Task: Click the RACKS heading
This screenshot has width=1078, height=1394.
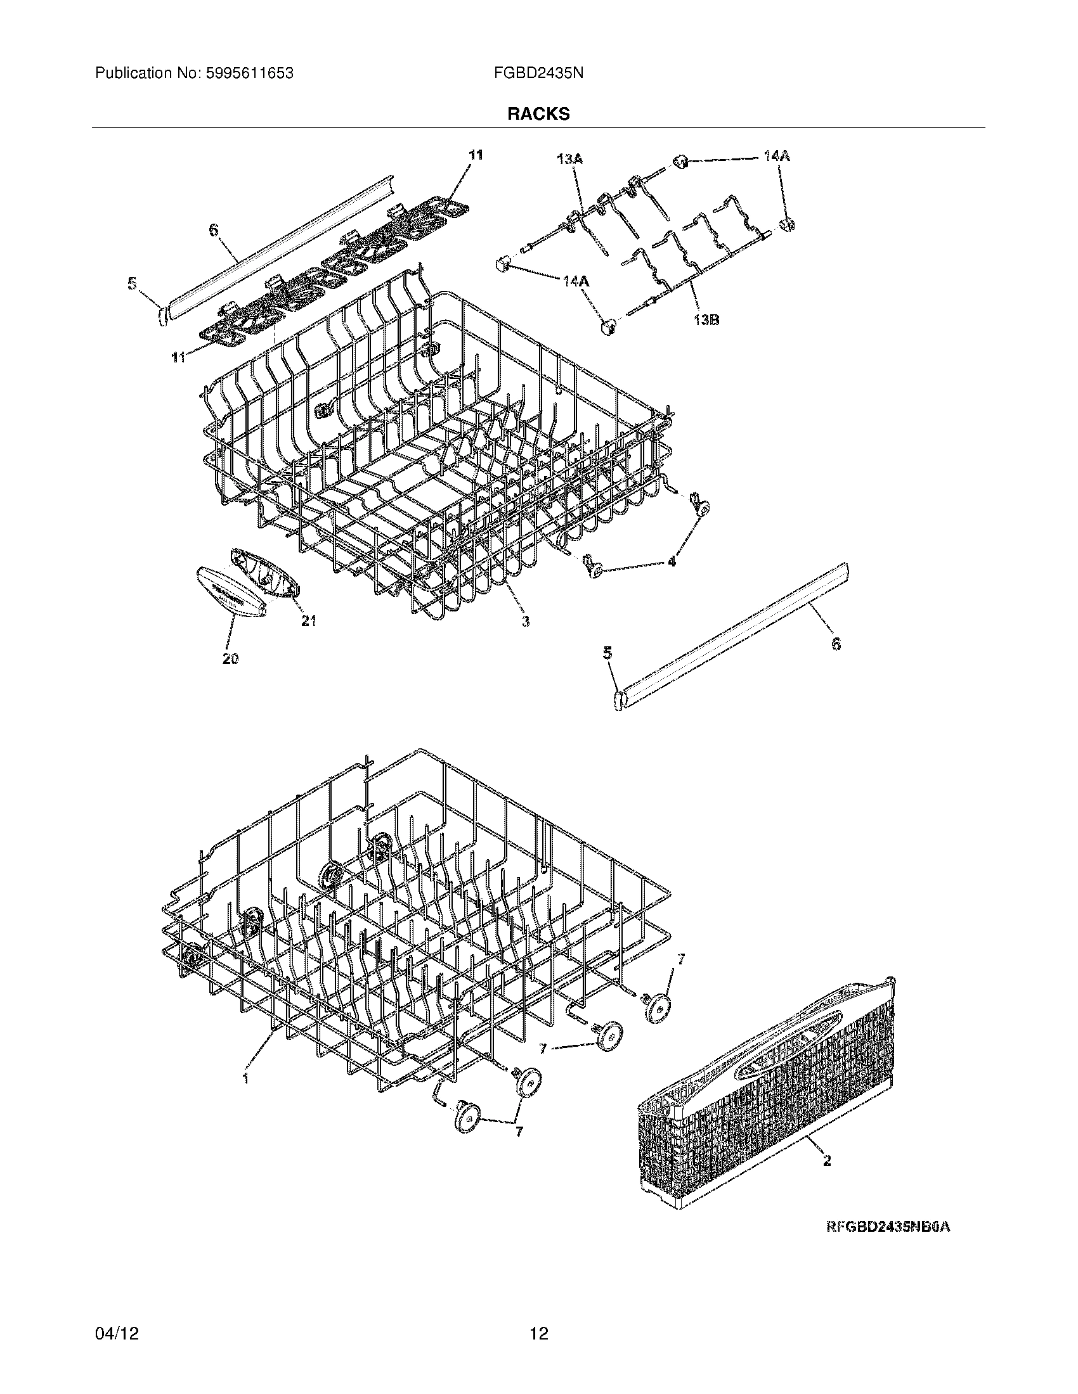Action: click(538, 114)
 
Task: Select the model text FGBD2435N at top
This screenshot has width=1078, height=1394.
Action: click(538, 74)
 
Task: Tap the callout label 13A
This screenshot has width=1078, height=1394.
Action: click(569, 158)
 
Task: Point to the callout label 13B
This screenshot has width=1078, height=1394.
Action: click(705, 320)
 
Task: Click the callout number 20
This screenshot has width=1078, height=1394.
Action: click(231, 660)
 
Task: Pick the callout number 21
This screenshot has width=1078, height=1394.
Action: click(309, 620)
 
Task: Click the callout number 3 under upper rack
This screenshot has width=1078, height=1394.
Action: click(525, 621)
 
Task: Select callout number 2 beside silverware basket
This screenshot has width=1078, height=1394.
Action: click(827, 1161)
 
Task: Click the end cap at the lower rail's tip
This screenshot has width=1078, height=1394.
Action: click(618, 701)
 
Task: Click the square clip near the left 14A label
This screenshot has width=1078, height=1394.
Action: click(502, 263)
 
